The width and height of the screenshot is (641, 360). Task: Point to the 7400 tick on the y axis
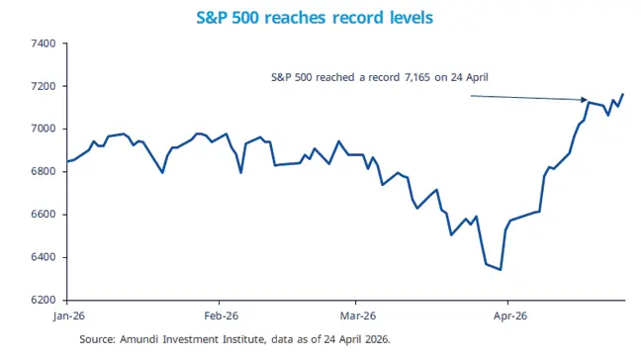45,44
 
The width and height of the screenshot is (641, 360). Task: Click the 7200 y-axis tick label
45,86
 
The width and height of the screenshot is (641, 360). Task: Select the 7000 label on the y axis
45,129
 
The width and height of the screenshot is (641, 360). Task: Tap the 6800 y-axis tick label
45,172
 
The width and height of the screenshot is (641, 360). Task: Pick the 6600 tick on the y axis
45,215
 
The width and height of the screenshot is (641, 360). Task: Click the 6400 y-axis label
45,257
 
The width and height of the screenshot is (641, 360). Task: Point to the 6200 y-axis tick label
45,300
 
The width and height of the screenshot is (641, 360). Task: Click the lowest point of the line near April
501,269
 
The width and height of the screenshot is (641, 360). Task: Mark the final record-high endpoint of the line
624,94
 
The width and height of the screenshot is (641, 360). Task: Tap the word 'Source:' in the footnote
98,338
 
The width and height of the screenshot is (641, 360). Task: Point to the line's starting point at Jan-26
66,161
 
